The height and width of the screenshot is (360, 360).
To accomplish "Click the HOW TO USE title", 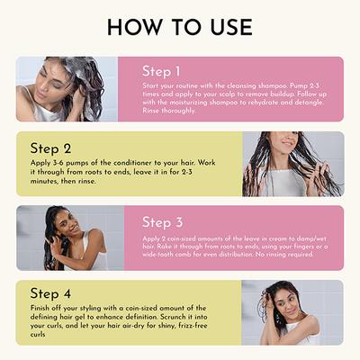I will coord(180,27).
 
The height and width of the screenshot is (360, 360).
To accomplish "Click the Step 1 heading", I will coord(162,71).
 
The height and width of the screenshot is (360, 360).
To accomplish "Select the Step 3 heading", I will coord(162,222).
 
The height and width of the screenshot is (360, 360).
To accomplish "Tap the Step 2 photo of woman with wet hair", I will coord(292,164).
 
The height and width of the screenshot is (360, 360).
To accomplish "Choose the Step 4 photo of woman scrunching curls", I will coord(292,312).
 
